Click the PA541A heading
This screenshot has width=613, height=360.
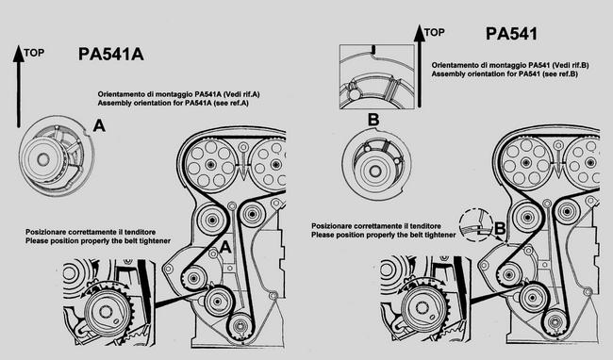coord(111,55)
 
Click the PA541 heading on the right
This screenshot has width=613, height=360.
coord(511,34)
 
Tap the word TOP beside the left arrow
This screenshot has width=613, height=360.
coord(34,53)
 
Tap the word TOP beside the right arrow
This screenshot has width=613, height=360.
coord(435,32)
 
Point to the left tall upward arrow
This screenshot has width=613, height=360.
coord(18,87)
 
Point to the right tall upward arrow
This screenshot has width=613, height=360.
coord(420,66)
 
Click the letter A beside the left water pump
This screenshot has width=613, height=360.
coord(99,125)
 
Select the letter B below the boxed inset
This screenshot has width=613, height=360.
coord(373,120)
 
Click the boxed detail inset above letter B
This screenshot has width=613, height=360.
coord(377,76)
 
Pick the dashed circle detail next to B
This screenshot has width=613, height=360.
coord(475,226)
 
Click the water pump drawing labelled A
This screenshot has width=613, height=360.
coord(57,155)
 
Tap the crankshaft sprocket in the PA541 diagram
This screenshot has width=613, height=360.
coord(554,322)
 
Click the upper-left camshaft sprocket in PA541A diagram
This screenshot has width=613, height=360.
coord(210,164)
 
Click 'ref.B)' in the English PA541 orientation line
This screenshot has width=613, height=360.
coord(568,74)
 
